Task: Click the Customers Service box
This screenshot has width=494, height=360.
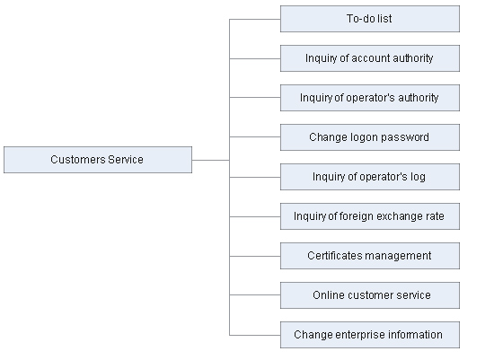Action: tap(98, 160)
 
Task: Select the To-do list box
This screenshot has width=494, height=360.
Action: tap(370, 19)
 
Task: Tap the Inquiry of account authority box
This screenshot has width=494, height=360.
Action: tap(370, 58)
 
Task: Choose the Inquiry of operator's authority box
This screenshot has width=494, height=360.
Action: tap(370, 98)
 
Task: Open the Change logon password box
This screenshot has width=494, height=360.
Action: tap(370, 137)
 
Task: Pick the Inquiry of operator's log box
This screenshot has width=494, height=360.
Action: tap(370, 177)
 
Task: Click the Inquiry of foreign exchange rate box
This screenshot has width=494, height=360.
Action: tap(370, 216)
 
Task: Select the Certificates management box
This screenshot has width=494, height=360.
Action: tap(370, 256)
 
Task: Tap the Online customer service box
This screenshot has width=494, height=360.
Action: tap(370, 295)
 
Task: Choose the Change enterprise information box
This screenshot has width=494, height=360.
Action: tap(370, 335)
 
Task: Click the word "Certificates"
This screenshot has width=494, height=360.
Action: tap(334, 256)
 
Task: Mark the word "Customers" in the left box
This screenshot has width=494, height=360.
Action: tap(77, 160)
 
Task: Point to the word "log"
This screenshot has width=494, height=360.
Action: tap(418, 177)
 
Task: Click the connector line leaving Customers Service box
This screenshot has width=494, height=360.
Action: tap(210, 160)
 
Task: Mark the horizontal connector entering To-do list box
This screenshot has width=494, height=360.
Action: tap(255, 19)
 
